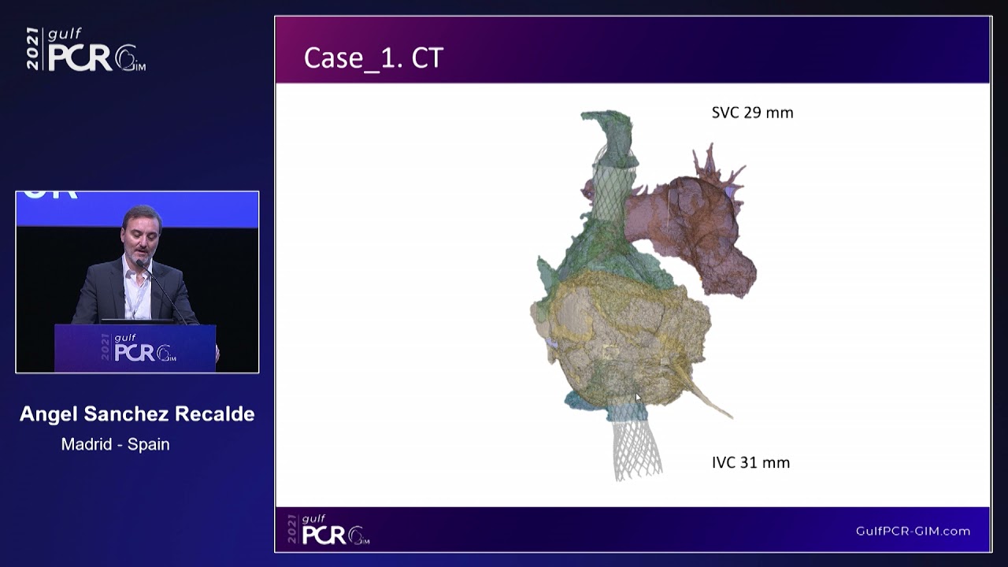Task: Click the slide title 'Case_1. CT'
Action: pyautogui.click(x=373, y=58)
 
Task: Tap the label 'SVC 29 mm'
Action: pyautogui.click(x=752, y=113)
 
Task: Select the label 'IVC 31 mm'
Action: pyautogui.click(x=750, y=462)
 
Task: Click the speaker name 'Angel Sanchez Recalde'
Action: pyautogui.click(x=137, y=414)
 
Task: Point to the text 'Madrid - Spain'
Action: pyautogui.click(x=116, y=444)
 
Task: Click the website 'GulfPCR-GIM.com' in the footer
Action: pyautogui.click(x=913, y=531)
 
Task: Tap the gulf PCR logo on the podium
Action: pyautogui.click(x=139, y=348)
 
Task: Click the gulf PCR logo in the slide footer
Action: pyautogui.click(x=328, y=530)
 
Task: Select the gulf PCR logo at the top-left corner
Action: pyautogui.click(x=86, y=50)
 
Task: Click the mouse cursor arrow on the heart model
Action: pyautogui.click(x=638, y=398)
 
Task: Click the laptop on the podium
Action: pyautogui.click(x=137, y=321)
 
